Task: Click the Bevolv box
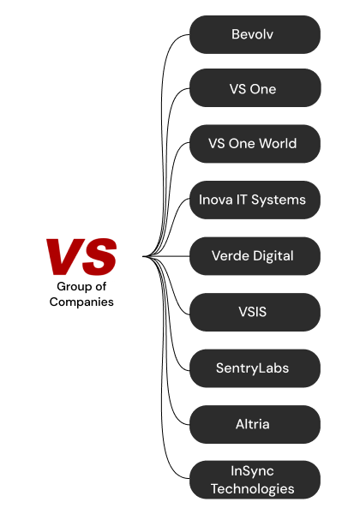tap(255, 34)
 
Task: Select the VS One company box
tap(255, 88)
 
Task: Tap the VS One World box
tap(255, 144)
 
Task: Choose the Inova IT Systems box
tap(255, 200)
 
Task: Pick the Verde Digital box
tap(255, 256)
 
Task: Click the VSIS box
tap(255, 312)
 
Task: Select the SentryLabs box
tap(255, 368)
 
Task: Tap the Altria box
tap(255, 425)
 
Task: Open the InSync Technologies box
tap(255, 480)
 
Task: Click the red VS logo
tap(81, 257)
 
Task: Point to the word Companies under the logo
tap(81, 302)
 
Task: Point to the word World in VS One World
tap(278, 144)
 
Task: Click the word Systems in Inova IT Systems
tap(279, 200)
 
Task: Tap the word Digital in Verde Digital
tap(273, 256)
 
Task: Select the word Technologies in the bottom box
tap(253, 489)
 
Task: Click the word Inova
tap(215, 200)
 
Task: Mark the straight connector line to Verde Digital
tap(166, 256)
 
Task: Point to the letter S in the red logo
tap(99, 257)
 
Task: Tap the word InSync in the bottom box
tap(252, 472)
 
